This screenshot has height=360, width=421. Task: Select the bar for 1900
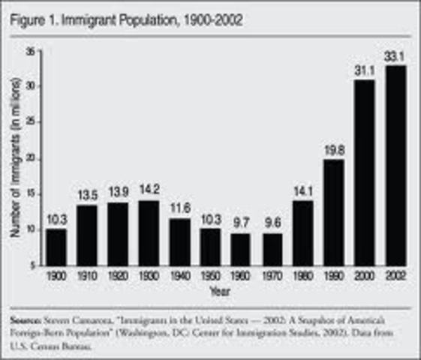56,247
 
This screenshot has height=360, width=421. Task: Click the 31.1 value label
364,70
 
